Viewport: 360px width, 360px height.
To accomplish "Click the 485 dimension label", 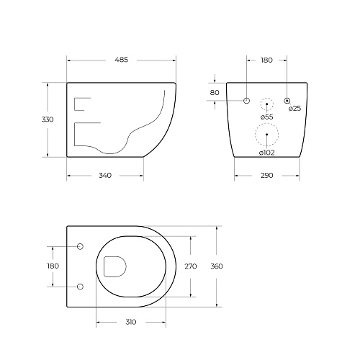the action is pos(122,60).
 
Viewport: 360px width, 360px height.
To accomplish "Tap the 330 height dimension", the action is pos(48,120).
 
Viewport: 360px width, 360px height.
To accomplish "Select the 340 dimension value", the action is pos(105,176).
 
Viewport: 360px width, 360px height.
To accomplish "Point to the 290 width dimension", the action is pos(267,176).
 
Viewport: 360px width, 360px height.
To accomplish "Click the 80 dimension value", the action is pos(215,92).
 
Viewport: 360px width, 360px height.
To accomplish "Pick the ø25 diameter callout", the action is pos(294,109).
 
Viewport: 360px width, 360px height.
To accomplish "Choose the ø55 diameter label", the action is pos(267,117).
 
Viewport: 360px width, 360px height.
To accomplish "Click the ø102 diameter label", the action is pos(267,153).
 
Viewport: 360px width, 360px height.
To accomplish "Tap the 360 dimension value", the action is pos(217,266).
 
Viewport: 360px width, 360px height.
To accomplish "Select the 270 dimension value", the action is pos(191,266).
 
